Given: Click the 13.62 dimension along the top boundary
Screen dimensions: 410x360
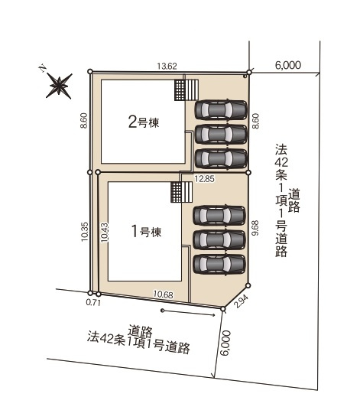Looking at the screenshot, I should tap(167, 66).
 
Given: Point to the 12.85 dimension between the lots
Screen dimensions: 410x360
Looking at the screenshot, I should tap(204, 178).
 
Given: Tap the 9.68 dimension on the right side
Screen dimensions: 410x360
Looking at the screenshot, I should tap(256, 229).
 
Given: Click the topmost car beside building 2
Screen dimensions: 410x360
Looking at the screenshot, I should tap(221, 109).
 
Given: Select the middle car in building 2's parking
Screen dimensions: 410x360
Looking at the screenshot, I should tap(221, 134).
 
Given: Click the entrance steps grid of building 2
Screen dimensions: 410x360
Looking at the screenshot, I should tap(181, 89).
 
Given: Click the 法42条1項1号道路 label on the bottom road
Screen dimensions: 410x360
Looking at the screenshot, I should tap(138, 340).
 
